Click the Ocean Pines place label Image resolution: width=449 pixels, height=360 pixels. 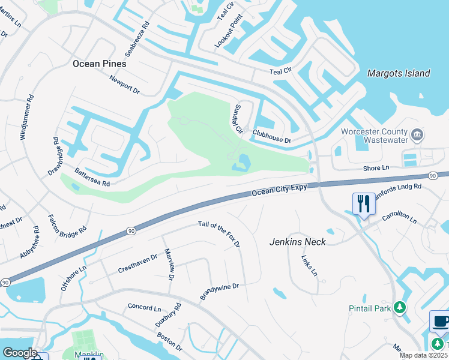click(x=99, y=63)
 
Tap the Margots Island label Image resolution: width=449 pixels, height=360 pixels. click(x=399, y=73)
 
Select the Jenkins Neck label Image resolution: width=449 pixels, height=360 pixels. click(x=298, y=242)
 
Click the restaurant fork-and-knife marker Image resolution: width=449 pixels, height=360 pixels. click(x=363, y=204)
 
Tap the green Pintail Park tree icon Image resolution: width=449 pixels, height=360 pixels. click(x=400, y=308)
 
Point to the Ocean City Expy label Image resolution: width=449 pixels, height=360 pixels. click(x=280, y=190)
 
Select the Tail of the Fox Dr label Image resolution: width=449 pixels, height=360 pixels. click(x=219, y=235)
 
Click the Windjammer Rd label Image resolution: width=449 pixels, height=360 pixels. click(x=27, y=117)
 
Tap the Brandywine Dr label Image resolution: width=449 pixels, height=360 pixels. click(x=220, y=292)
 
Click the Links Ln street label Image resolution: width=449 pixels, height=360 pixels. click(x=309, y=265)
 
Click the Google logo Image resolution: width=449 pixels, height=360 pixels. click(x=20, y=353)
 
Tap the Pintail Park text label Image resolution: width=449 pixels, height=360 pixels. click(x=369, y=308)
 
